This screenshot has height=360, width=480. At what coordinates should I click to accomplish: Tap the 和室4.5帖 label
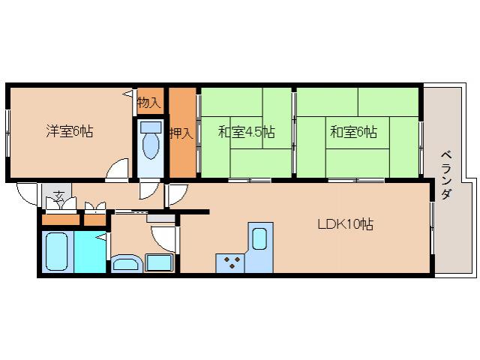click(x=246, y=133)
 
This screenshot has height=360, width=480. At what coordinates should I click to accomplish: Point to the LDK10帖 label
click(x=345, y=224)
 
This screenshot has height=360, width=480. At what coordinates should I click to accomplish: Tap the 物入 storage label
click(x=148, y=101)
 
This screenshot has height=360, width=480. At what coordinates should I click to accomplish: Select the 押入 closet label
click(x=181, y=133)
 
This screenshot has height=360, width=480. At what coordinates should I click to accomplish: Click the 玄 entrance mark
click(x=58, y=198)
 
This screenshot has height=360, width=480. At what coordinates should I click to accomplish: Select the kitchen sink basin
click(x=259, y=239)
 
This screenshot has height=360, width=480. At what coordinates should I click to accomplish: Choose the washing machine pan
click(x=159, y=262)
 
